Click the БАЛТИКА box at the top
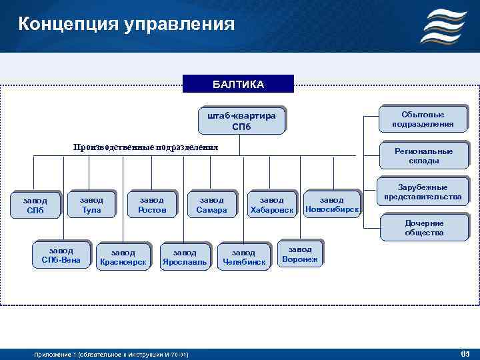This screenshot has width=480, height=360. click(238, 84)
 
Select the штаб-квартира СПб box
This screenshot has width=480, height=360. click(241, 121)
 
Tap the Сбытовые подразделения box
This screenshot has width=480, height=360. click(423, 119)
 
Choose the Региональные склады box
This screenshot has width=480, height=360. click(423, 155)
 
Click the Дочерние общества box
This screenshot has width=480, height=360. click(423, 228)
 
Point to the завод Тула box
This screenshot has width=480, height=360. click(91, 205)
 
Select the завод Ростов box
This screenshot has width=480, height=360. click(151, 205)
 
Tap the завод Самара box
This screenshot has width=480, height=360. click(211, 205)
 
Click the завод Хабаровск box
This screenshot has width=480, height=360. click(271, 205)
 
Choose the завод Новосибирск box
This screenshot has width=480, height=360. click(331, 205)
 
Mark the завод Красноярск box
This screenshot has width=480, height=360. click(123, 257)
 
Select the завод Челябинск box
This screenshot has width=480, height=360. click(243, 257)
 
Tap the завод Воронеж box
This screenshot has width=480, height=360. click(300, 253)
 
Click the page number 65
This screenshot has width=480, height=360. click(465, 352)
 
